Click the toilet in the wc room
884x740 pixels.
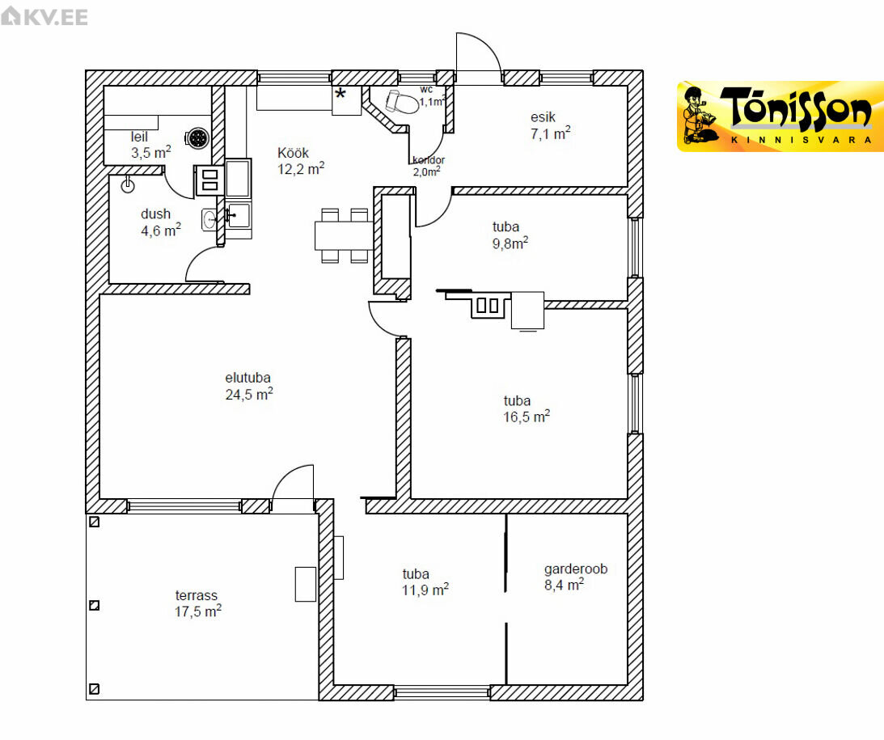(x=401, y=101)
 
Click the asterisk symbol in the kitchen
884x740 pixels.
(x=340, y=94)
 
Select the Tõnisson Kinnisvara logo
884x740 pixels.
(x=780, y=116)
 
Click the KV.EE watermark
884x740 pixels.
(x=44, y=16)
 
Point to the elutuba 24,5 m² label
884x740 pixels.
(x=248, y=386)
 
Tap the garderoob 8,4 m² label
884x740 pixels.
(x=576, y=577)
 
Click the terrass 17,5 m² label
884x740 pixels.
(x=197, y=603)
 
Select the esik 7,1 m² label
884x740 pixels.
(x=550, y=125)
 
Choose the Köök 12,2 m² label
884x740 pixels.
(x=301, y=161)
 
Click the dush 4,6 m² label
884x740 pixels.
(x=161, y=222)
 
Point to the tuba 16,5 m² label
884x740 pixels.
(x=526, y=408)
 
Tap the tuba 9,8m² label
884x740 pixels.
(x=510, y=235)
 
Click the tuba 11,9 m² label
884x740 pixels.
(x=425, y=582)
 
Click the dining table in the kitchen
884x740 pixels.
(x=344, y=235)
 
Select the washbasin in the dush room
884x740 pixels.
(x=209, y=219)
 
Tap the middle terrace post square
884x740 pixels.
(x=94, y=605)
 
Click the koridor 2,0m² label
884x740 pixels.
(x=428, y=167)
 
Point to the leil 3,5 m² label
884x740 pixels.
(x=150, y=145)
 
